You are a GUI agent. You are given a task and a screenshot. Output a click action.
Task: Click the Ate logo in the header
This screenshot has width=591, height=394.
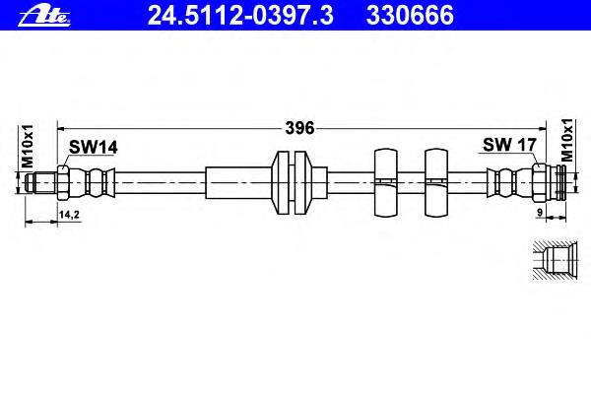[x=44, y=16]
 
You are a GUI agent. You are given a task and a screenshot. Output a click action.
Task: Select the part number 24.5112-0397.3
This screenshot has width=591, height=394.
[x=240, y=16]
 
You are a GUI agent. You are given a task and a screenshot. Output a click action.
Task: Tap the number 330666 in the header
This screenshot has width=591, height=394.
[x=410, y=16]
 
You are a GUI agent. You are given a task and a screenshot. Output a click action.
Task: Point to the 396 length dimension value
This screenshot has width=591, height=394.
[x=299, y=128]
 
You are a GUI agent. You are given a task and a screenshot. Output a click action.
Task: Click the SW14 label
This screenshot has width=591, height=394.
[x=94, y=148]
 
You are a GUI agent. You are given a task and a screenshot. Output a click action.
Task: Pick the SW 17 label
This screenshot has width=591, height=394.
[x=509, y=145]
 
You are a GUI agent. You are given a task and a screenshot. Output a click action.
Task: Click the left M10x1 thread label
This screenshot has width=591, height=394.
[x=28, y=147]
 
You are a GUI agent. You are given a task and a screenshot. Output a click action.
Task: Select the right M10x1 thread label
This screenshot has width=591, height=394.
[x=567, y=140]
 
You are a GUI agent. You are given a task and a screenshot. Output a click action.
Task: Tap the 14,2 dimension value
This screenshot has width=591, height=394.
[x=69, y=215]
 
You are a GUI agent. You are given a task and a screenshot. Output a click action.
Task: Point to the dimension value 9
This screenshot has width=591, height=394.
[x=540, y=213]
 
